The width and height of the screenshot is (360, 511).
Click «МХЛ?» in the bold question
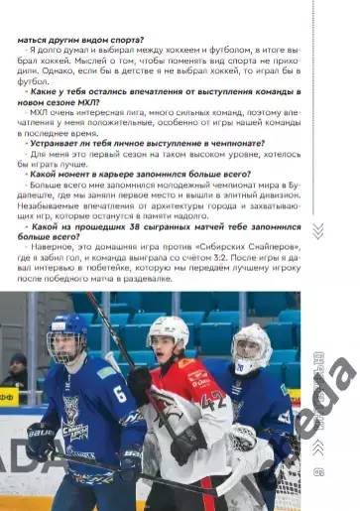point(61,101)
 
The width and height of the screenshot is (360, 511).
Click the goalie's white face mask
point(251,348)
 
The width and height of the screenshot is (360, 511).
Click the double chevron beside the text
point(317,231)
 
